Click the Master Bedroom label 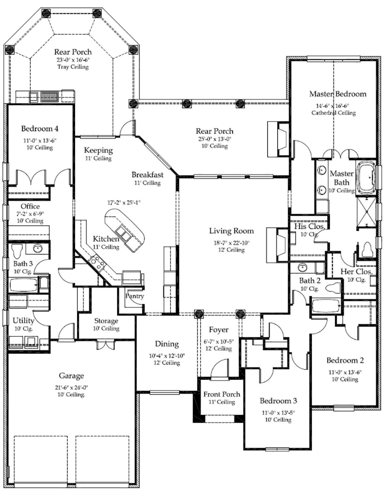(x=338, y=94)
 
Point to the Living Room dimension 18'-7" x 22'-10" (x=231, y=243)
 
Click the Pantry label (x=134, y=296)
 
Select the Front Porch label (x=221, y=394)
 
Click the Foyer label (x=218, y=330)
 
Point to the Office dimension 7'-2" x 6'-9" (x=30, y=214)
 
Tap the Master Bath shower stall (x=367, y=212)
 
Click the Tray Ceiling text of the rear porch (x=73, y=67)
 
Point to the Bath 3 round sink (x=38, y=248)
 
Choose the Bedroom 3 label (x=278, y=401)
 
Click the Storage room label (x=106, y=321)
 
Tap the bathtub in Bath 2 (x=326, y=306)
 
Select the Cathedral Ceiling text (x=334, y=113)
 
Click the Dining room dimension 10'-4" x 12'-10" (x=167, y=356)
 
